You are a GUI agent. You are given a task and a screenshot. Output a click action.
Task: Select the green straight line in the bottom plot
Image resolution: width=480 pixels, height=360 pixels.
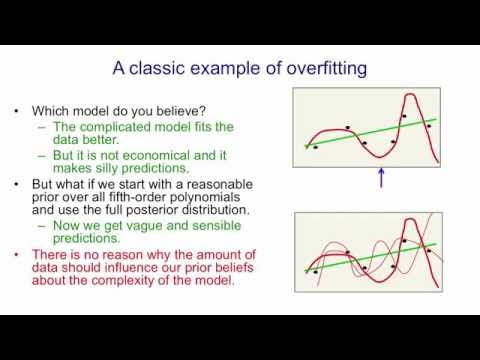point(340,256)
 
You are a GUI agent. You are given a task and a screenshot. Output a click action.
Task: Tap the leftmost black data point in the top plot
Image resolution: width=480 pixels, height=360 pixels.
point(315,147)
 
